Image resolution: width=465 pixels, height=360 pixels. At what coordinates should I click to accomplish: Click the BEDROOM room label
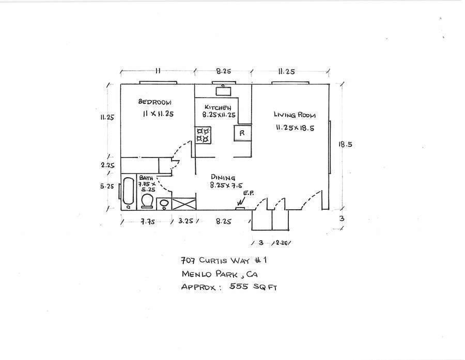coord(155,102)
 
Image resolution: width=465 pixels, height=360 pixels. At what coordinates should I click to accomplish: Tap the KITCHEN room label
coord(220,107)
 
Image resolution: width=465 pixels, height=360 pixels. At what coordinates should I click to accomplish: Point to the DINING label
coord(223,177)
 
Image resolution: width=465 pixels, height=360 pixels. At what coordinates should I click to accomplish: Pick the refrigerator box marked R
coord(242,133)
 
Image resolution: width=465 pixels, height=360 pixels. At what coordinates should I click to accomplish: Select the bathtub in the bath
coord(128,193)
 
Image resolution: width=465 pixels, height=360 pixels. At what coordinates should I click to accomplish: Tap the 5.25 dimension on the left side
coord(107,186)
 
